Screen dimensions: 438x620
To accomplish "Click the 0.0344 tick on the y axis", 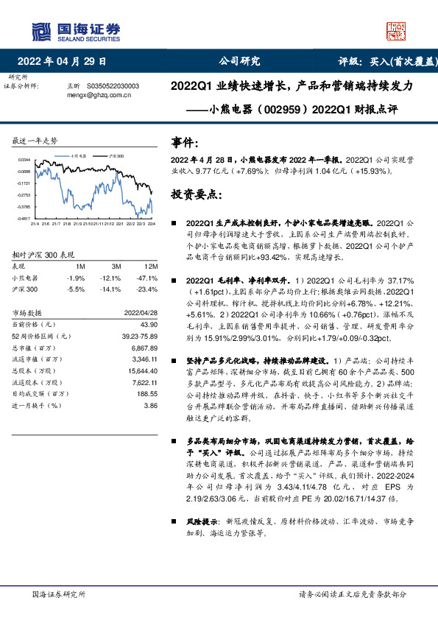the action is [x=24, y=160].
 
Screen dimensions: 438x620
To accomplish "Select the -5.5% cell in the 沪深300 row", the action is [x=77, y=289].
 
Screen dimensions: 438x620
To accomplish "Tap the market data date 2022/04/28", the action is [x=141, y=313].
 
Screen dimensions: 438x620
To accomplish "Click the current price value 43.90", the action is [x=149, y=324].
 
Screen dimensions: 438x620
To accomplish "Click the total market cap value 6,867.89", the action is [x=143, y=347].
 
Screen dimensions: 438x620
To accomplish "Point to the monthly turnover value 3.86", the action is [x=151, y=405].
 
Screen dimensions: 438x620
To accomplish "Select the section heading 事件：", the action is [x=184, y=141].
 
